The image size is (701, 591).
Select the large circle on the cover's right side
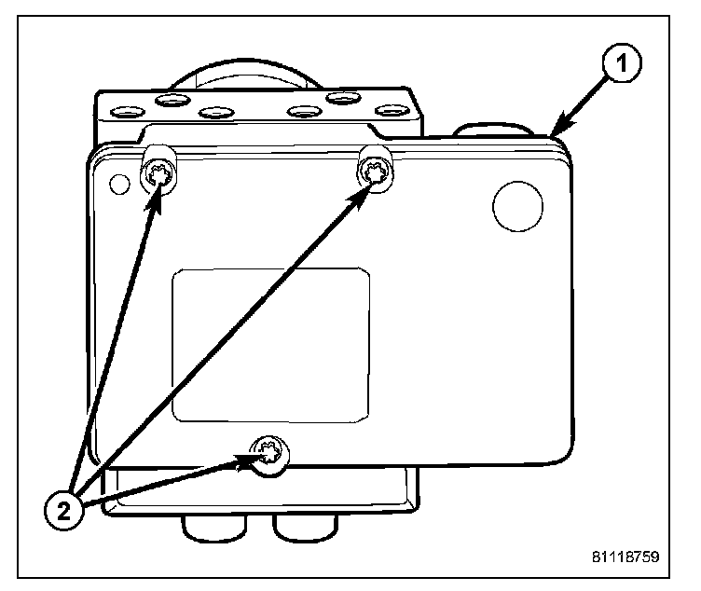pos(516,205)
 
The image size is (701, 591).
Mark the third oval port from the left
pos(215,113)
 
